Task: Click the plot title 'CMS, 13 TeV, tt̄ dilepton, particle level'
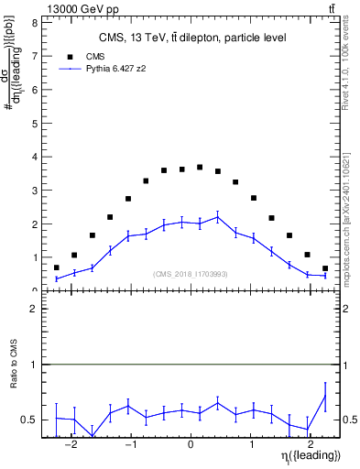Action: (191, 38)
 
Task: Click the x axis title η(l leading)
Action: (311, 455)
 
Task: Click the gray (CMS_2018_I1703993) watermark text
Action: (191, 273)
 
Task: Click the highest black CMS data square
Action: (200, 168)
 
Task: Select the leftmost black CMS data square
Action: (57, 267)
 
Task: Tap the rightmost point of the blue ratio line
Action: (325, 396)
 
